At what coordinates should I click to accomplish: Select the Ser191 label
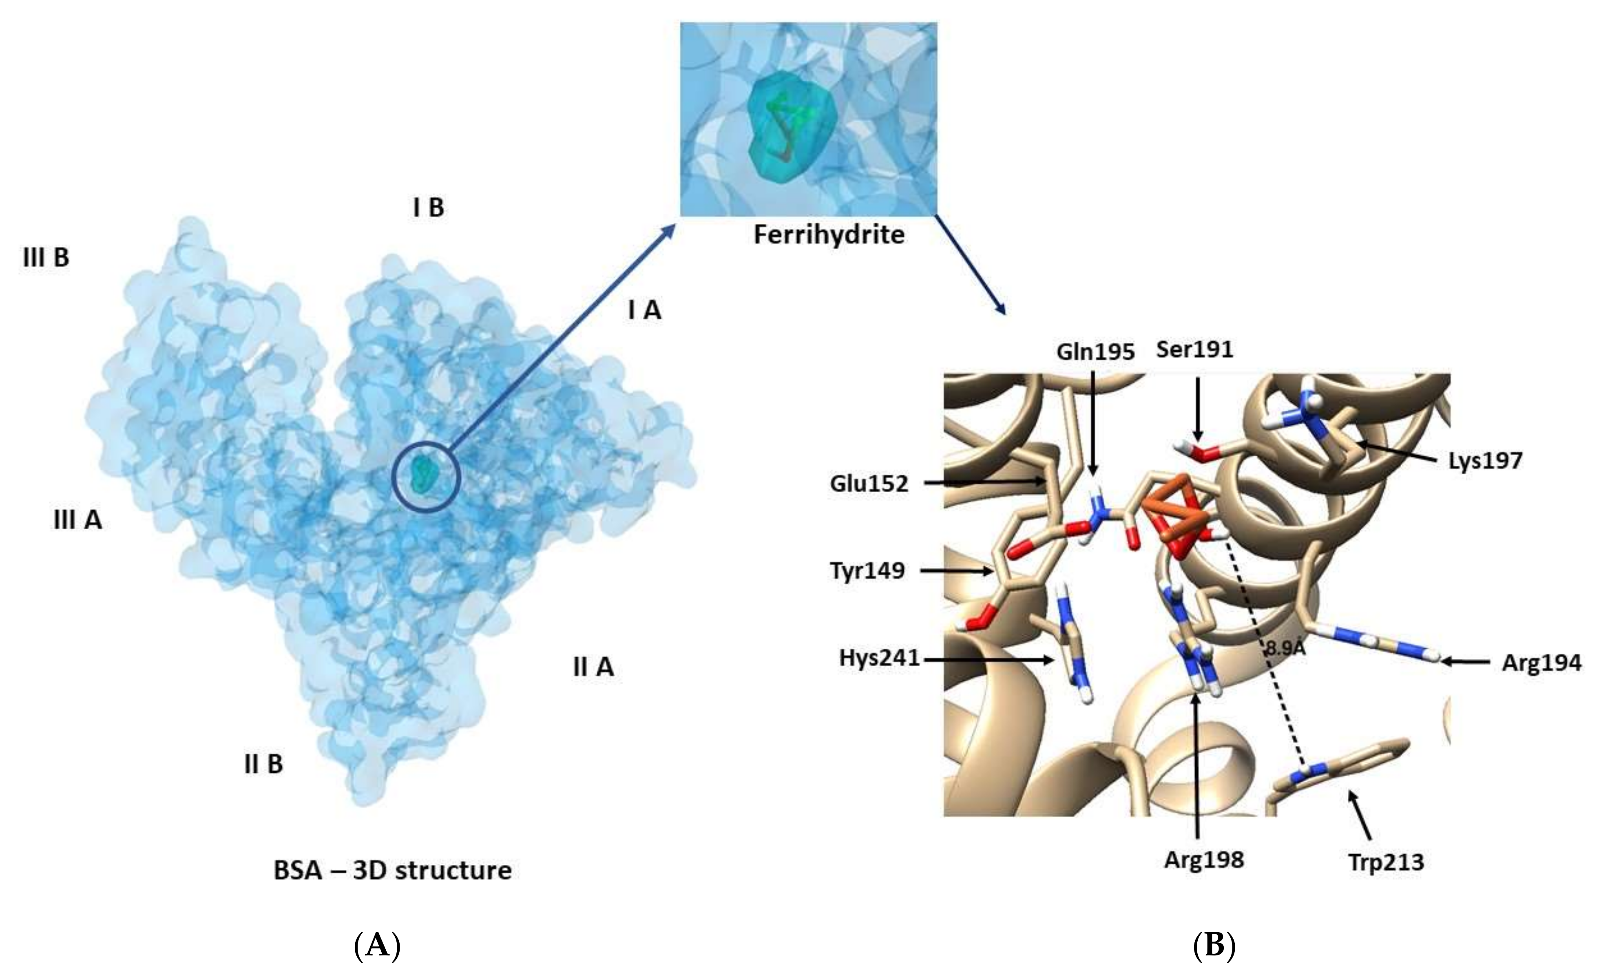pyautogui.click(x=1194, y=349)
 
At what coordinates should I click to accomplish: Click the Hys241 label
pyautogui.click(x=879, y=659)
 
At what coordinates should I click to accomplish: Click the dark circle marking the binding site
pyautogui.click(x=427, y=475)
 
